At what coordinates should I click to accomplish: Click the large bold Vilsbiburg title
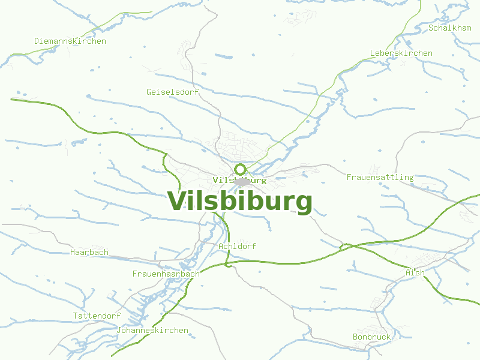239,202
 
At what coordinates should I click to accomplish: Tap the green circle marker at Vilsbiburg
240,169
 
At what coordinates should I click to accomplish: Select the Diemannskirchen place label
70,41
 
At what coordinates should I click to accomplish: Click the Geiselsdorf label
172,92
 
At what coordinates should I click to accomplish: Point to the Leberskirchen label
401,53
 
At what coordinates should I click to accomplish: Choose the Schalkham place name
449,28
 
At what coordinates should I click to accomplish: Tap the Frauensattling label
380,178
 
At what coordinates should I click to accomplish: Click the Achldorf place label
238,247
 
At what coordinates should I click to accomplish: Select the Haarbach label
89,253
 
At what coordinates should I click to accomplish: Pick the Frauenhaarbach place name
166,274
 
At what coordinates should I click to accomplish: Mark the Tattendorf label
97,316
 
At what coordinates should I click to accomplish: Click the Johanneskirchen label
152,331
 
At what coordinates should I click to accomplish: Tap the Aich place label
415,273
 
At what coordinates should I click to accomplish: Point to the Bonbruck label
371,337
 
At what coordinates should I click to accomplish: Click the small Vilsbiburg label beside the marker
239,180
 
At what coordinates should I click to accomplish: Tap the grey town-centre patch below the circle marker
242,182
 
